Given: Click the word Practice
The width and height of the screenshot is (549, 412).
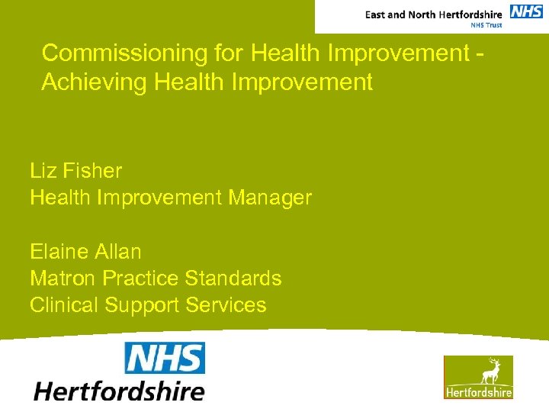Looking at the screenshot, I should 141,278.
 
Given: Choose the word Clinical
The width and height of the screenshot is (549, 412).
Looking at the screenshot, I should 64,305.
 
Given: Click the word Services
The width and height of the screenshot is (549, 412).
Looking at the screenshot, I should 226,305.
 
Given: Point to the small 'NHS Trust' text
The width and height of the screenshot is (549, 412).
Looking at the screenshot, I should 485,25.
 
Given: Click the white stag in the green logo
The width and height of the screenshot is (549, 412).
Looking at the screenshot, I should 490,372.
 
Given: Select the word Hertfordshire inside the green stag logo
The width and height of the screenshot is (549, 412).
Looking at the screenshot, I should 479,392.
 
